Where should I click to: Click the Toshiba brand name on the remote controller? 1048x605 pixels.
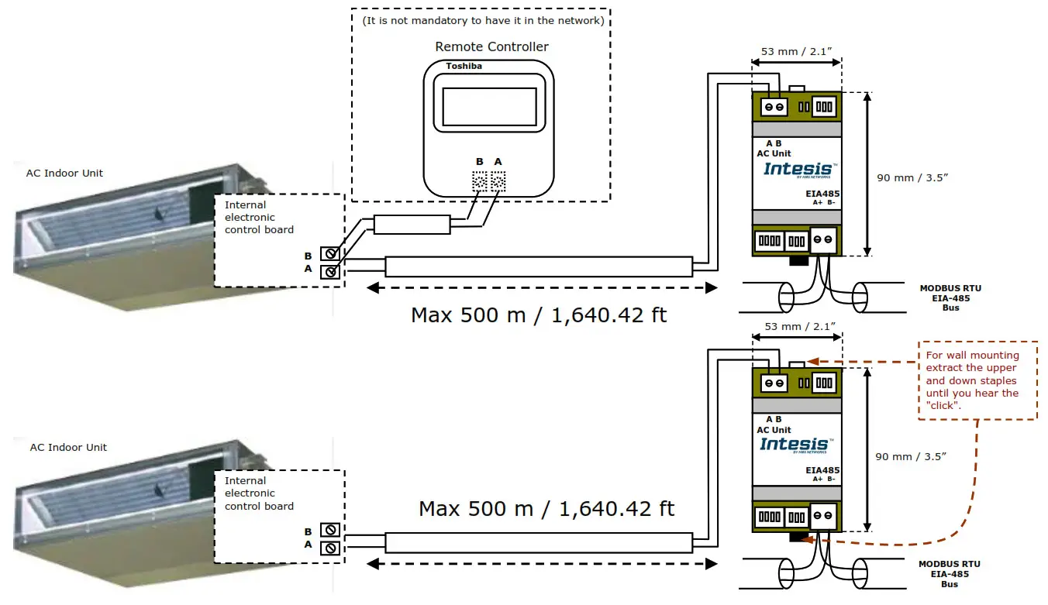464,67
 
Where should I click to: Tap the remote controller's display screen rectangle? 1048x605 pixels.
489,107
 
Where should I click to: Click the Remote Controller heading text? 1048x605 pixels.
491,46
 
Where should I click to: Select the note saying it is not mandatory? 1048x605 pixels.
482,21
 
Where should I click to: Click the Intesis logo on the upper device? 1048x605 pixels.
798,169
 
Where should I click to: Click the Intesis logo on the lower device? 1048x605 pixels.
795,444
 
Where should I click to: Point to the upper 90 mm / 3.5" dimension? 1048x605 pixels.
912,177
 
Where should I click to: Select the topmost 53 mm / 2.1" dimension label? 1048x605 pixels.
796,52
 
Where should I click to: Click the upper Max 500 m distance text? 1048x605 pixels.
538,315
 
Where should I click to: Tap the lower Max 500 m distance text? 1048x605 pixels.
546,509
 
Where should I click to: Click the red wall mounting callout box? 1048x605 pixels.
977,380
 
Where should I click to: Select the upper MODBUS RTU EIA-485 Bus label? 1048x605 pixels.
950,297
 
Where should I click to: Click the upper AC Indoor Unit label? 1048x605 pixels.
64,174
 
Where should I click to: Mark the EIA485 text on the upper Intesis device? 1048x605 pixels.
822,194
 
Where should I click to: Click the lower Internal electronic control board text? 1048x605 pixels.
259,493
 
